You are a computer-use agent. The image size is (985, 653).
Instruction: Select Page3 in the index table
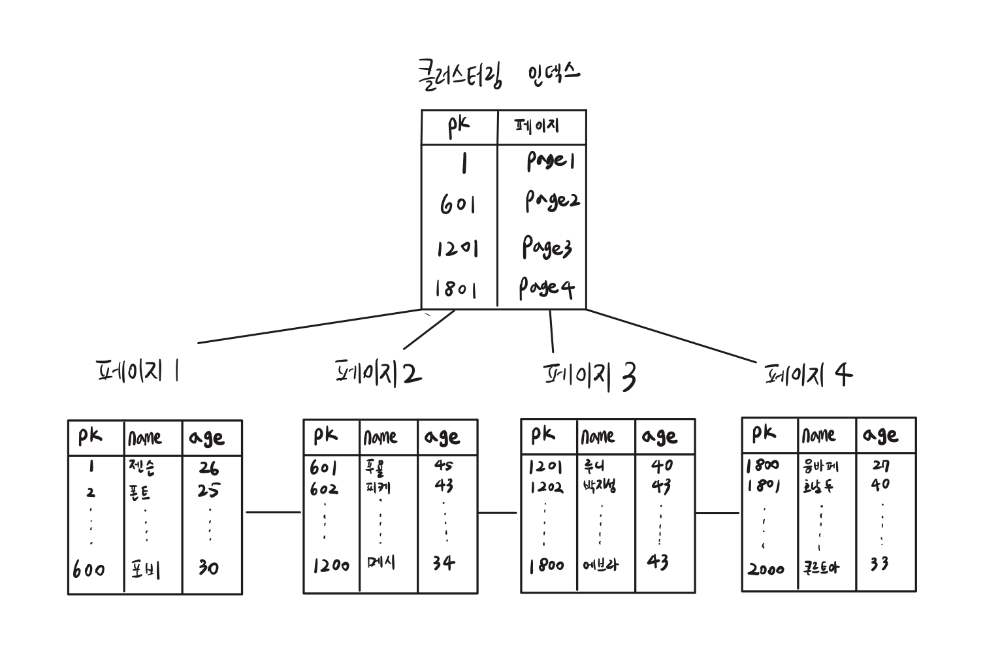[x=547, y=247]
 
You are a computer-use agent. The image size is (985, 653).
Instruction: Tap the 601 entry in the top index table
[x=457, y=204]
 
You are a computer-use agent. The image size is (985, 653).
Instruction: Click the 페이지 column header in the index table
[x=538, y=126]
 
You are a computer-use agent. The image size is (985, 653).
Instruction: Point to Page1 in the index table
[x=551, y=161]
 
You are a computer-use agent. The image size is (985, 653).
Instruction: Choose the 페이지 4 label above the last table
[x=808, y=375]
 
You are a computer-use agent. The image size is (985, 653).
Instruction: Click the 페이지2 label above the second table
[x=378, y=372]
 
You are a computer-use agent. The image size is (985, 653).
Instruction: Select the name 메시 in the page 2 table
[x=381, y=563]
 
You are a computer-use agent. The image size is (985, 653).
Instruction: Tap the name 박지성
[x=599, y=486]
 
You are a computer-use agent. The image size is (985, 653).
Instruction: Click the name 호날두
[x=818, y=486]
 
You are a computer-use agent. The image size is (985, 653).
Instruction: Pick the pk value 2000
[x=766, y=569]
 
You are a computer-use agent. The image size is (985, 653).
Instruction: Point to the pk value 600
[x=89, y=569]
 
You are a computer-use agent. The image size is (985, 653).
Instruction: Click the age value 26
[x=208, y=468]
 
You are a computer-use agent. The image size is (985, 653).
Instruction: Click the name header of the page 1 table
[x=145, y=438]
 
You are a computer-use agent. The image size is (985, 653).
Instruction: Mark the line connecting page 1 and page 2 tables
[x=273, y=512]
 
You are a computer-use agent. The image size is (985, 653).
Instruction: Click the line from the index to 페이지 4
[x=673, y=336]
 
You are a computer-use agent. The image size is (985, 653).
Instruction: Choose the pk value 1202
[x=545, y=487]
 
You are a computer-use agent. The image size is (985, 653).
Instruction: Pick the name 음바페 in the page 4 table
[x=820, y=466]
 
